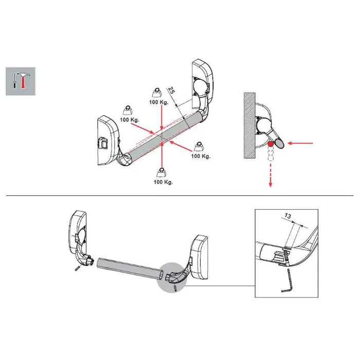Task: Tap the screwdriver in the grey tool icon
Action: tap(14, 81)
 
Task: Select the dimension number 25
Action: tap(172, 90)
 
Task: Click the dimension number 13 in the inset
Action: tap(287, 216)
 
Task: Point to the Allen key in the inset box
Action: tap(287, 281)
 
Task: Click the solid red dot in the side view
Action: tap(271, 144)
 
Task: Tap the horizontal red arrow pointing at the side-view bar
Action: tap(300, 143)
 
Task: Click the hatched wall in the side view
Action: tap(249, 125)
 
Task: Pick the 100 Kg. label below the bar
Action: tap(163, 182)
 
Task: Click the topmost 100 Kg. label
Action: tap(159, 102)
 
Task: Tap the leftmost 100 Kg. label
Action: tap(130, 120)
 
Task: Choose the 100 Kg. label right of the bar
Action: tap(201, 156)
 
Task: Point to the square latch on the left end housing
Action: tap(102, 143)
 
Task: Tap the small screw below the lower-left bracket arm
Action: tap(77, 268)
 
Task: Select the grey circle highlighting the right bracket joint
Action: tap(172, 278)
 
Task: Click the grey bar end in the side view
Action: tap(279, 143)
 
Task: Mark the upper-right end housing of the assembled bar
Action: tap(202, 84)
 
